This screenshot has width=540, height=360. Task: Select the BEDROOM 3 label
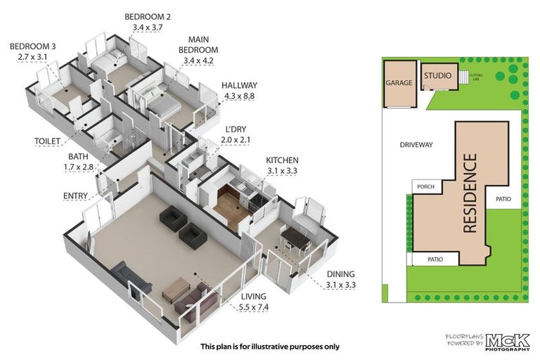[x=33, y=47]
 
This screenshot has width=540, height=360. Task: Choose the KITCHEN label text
[x=282, y=160]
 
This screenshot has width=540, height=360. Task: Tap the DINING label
[x=340, y=274]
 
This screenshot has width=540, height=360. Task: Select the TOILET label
[x=48, y=141]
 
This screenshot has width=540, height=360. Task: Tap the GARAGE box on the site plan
[x=398, y=83]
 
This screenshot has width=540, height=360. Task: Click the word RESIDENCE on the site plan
[x=470, y=193]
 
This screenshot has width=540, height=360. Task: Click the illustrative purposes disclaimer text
[x=270, y=347]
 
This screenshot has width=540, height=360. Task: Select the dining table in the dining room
[x=296, y=239]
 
